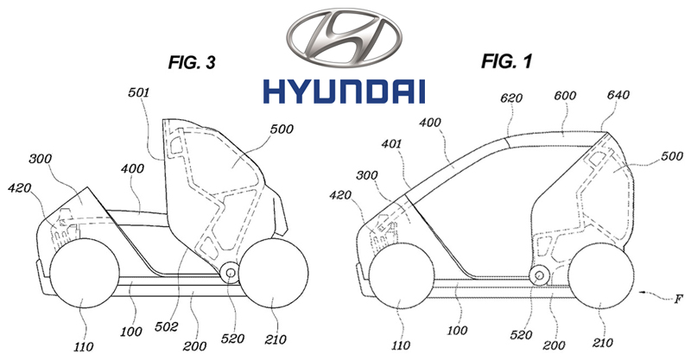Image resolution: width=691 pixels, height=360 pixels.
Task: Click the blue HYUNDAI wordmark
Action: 345,91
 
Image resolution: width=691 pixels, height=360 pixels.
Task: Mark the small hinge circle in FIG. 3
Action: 229,272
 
